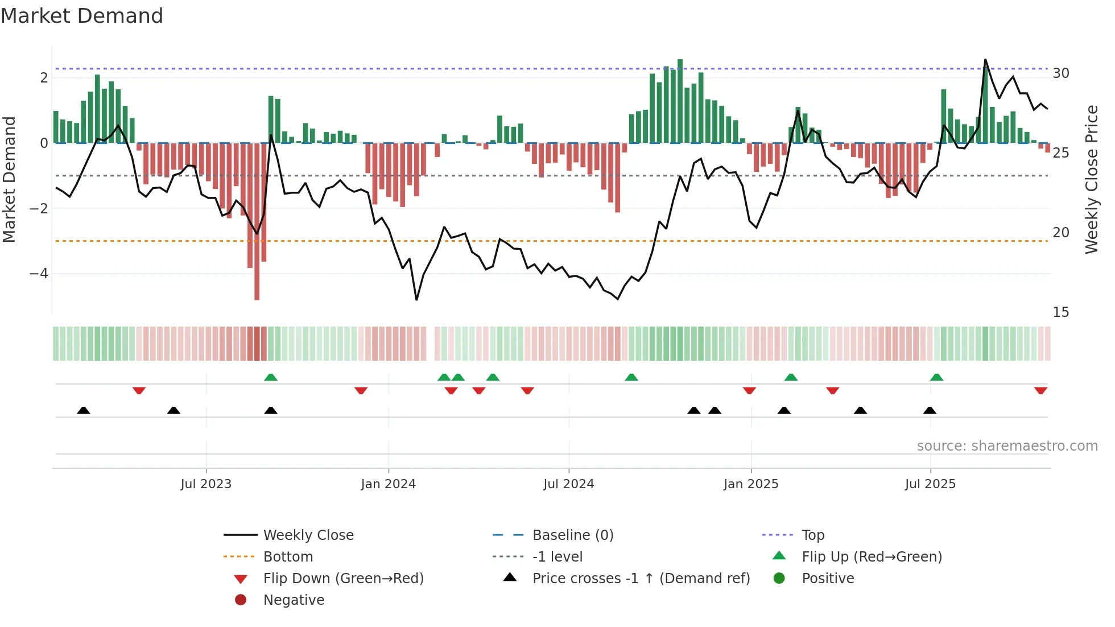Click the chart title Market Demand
82,16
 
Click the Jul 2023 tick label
206,484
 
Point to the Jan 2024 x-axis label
388,484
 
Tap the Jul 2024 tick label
568,484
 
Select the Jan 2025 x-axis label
750,484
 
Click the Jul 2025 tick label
930,484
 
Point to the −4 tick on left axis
39,274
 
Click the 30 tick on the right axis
1060,73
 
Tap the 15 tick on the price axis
1060,312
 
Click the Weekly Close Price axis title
1091,179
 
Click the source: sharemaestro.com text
1007,446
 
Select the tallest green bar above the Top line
680,100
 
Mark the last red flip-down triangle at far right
1040,391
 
